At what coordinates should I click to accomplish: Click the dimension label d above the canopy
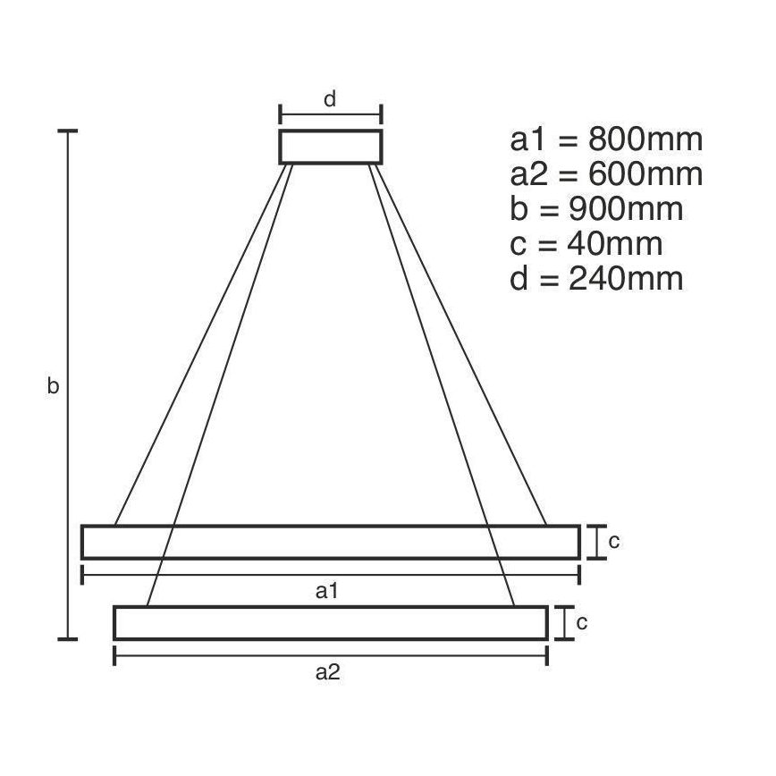(x=330, y=99)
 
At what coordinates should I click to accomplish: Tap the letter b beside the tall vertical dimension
(x=54, y=386)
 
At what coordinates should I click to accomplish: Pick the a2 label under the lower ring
(x=328, y=673)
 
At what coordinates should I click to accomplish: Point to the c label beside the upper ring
(x=614, y=541)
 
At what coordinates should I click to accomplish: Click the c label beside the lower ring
(x=581, y=622)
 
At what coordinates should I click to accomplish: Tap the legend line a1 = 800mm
(x=606, y=140)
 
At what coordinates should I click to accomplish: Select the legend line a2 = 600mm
(x=606, y=175)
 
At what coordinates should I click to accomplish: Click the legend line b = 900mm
(x=596, y=209)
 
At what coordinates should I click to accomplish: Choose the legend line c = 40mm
(x=586, y=243)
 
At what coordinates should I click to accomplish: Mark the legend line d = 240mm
(x=596, y=278)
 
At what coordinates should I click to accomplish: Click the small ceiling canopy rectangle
(x=331, y=147)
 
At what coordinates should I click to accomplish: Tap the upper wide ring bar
(x=331, y=542)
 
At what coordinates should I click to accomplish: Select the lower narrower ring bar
(x=331, y=622)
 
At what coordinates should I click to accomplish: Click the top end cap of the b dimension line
(x=68, y=131)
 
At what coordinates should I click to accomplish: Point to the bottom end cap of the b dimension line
(x=68, y=639)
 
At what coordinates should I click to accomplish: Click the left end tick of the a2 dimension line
(x=115, y=657)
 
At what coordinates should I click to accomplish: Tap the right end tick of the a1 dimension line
(x=579, y=574)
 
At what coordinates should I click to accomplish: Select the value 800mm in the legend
(x=645, y=140)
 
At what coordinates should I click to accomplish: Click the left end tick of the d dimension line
(x=280, y=114)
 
